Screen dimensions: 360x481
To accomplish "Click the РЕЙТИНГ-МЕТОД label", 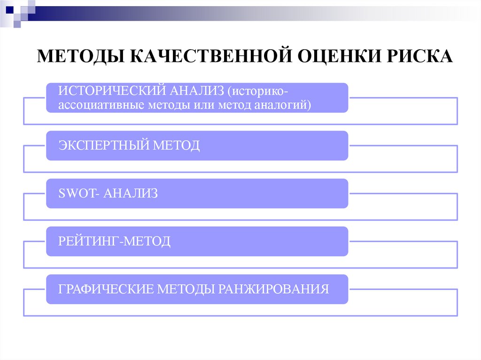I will tap(114, 242).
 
